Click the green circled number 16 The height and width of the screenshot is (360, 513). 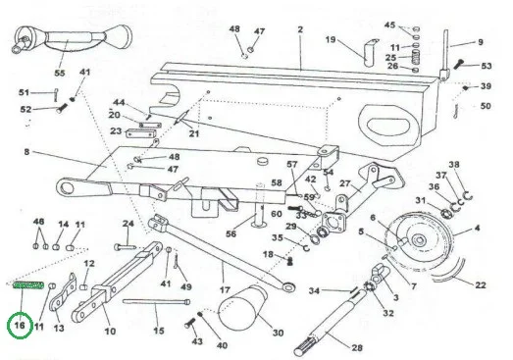click(20, 326)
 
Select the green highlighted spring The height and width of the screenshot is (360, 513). click(28, 285)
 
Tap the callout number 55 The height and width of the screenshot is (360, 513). click(60, 73)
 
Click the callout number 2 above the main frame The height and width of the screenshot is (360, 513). click(300, 29)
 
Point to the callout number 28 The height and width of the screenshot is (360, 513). click(357, 347)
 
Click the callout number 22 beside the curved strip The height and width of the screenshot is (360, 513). click(481, 285)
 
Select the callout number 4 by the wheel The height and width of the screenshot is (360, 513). click(477, 228)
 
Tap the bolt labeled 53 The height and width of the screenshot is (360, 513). click(459, 64)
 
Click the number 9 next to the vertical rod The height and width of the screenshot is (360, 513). click(481, 42)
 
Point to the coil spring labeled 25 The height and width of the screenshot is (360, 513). click(415, 58)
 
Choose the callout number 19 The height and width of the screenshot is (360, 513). click(331, 39)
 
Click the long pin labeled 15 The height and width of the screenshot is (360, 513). click(156, 301)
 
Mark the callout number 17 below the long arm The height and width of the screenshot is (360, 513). click(225, 290)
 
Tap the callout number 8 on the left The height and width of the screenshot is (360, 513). click(26, 152)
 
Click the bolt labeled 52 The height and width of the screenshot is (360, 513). click(62, 108)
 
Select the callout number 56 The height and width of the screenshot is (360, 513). click(231, 233)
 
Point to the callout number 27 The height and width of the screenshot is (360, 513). click(344, 183)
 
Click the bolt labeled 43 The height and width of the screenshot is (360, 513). click(189, 325)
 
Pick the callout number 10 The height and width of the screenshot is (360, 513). click(110, 331)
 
